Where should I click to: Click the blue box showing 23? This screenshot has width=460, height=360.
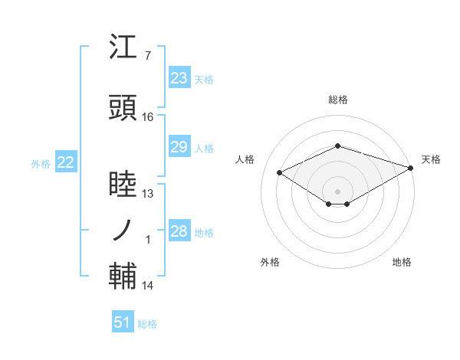pos(179,78)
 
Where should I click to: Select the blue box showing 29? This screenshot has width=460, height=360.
pos(179,147)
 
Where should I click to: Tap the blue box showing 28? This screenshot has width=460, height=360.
pos(179,231)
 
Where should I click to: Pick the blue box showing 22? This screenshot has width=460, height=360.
pos(66,162)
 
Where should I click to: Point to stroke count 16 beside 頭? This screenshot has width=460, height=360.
pos(148,117)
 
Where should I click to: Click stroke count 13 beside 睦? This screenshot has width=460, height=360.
pos(148,194)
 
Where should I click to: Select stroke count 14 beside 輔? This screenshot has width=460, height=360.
pos(148,286)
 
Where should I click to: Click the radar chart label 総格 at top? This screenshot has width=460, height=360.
pos(337,100)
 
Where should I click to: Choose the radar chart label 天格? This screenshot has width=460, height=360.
pos(431,159)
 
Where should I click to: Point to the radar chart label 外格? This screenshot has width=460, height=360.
pos(270,262)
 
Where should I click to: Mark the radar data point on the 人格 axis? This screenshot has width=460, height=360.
pos(280,172)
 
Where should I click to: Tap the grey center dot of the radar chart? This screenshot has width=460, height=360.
pos(337,190)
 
